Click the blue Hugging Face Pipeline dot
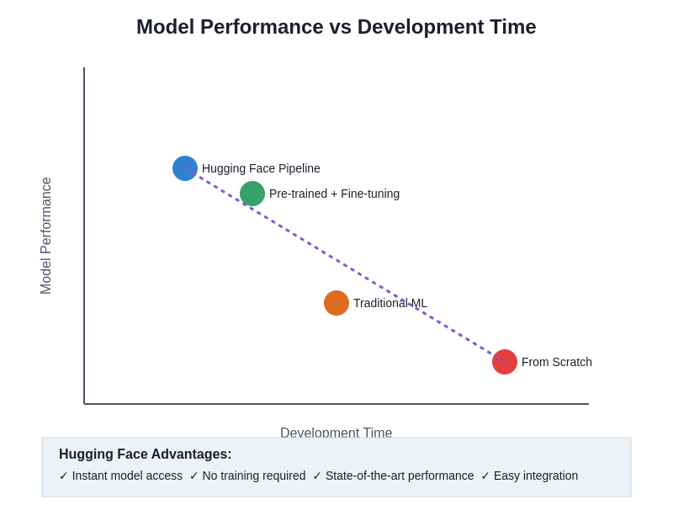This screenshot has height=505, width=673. pos(185,168)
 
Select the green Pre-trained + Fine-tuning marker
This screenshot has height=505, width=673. pos(252,194)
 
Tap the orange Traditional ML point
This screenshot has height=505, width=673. pos(336,303)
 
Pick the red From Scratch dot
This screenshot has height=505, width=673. pos(505,362)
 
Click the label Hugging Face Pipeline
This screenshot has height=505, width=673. pos(261,168)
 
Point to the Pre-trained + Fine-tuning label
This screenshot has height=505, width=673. pos(334,194)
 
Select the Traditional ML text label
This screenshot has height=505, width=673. pos(390,303)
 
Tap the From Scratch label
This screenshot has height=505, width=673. pos(557,362)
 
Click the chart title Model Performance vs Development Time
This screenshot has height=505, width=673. pos(336,27)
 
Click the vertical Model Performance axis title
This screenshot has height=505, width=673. pos(46,236)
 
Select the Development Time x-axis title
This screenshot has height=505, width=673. pos(336,432)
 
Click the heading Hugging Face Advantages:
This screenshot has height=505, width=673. pos(145,454)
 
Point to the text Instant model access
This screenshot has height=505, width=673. pos(127,476)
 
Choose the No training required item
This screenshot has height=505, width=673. pos(254,476)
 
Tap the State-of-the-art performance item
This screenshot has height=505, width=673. pos(400,476)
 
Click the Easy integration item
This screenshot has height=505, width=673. pos(536,476)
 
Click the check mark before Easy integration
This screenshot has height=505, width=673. pos(485,476)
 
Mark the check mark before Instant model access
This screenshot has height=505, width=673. pos(64,476)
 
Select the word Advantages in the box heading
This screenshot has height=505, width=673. pos(186,454)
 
